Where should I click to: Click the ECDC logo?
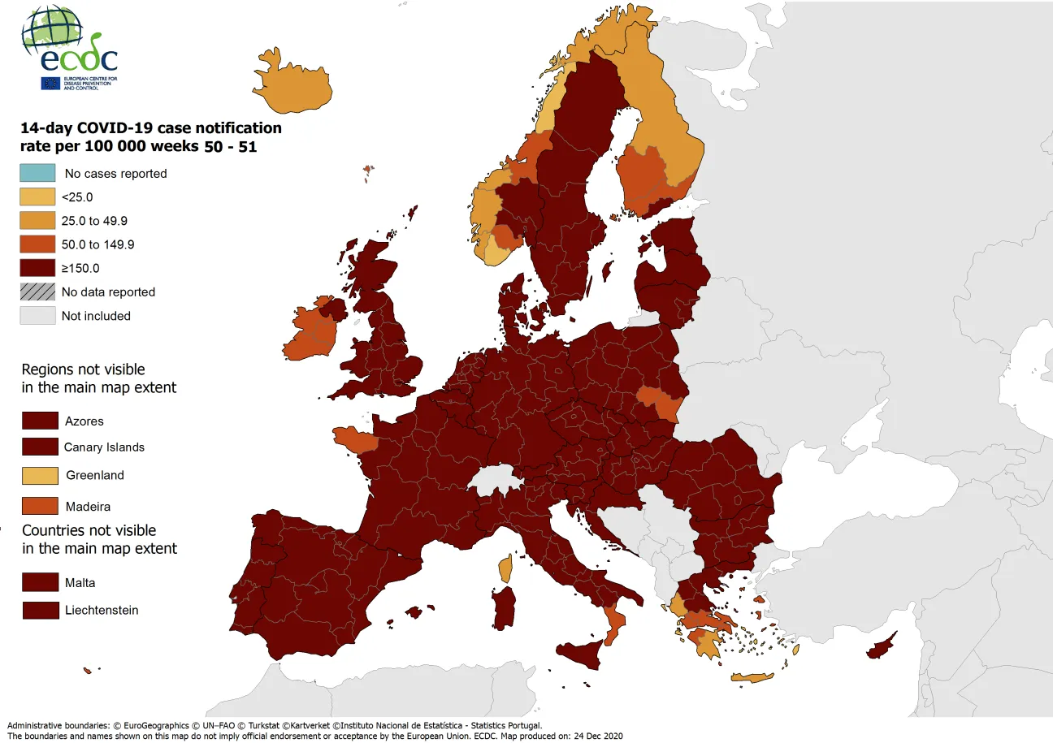pos(69,49)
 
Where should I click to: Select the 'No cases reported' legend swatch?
pos(37,173)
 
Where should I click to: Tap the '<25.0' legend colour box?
pos(37,197)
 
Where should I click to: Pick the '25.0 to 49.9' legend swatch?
pos(37,220)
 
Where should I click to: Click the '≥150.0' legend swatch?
pos(37,268)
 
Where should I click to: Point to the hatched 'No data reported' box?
pos(37,292)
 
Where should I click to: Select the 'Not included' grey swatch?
pos(37,316)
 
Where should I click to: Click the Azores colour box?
pos(40,421)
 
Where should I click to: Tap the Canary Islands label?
pos(104,447)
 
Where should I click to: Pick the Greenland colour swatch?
pos(40,475)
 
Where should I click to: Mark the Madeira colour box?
pos(40,506)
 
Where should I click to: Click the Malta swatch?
pos(40,583)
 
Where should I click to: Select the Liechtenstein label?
pos(102,610)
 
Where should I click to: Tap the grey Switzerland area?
pos(496,480)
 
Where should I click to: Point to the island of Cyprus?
pos(880,647)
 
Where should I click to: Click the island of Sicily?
pos(583,651)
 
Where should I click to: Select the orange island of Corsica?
pos(505,568)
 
